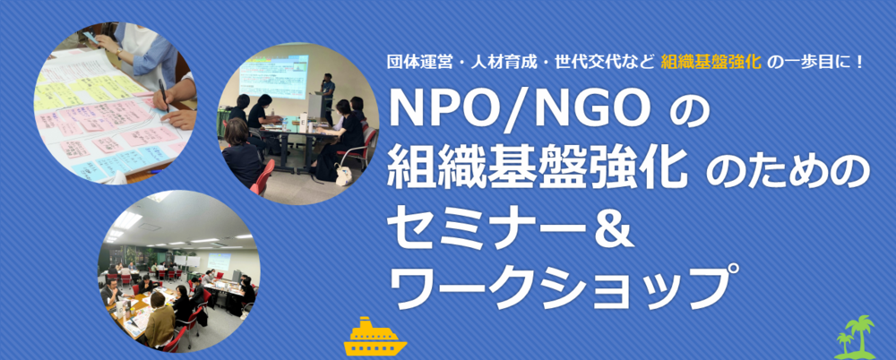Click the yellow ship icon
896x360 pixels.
tap(375, 336)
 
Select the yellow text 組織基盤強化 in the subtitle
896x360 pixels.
tap(711, 63)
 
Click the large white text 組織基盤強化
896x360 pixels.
tap(537, 168)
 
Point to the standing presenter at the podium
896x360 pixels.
tap(327, 97)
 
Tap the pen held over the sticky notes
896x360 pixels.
tap(163, 94)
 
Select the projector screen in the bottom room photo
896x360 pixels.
tap(219, 260)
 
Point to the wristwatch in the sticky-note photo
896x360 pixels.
tap(119, 51)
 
